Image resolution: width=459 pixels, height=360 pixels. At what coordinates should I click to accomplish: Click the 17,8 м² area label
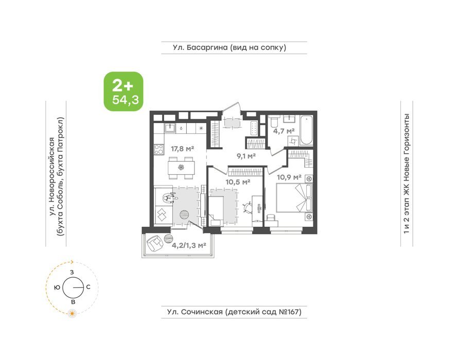pyautogui.click(x=183, y=149)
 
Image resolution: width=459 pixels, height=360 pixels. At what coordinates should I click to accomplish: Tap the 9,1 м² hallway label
pyautogui.click(x=246, y=156)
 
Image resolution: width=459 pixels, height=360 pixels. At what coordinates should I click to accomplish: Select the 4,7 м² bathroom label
pyautogui.click(x=284, y=131)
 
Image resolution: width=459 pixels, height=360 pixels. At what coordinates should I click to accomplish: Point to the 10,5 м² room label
pyautogui.click(x=238, y=182)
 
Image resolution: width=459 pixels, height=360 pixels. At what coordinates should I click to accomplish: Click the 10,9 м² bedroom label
pyautogui.click(x=289, y=177)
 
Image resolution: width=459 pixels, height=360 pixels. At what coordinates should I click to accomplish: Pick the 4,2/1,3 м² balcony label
pyautogui.click(x=189, y=245)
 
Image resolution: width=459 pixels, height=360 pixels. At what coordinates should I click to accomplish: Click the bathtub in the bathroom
pyautogui.click(x=307, y=130)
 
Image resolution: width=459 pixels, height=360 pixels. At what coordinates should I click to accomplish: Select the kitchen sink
pyautogui.click(x=169, y=128)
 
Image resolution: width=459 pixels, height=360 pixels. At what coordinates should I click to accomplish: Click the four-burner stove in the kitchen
pyautogui.click(x=159, y=150)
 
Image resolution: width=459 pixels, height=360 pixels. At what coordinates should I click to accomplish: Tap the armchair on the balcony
pyautogui.click(x=154, y=243)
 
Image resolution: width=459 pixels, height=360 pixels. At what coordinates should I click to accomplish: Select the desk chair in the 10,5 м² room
pyautogui.click(x=248, y=207)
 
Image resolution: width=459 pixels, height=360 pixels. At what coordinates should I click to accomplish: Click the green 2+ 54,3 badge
pyautogui.click(x=123, y=92)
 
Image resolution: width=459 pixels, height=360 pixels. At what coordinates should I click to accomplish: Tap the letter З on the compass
pyautogui.click(x=72, y=272)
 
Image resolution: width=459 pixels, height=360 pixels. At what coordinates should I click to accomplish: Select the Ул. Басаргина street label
pyautogui.click(x=229, y=47)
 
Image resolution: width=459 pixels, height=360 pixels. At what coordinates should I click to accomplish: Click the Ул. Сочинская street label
pyautogui.click(x=234, y=312)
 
